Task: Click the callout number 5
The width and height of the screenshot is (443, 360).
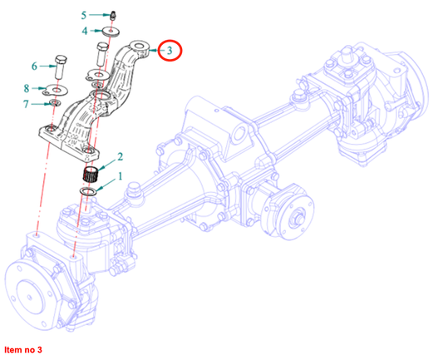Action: click(84, 15)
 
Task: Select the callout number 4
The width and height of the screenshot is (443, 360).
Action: click(85, 31)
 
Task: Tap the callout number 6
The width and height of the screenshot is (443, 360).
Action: click(34, 67)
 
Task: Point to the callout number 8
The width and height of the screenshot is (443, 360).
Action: click(27, 88)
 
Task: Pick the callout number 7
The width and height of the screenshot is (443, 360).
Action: click(26, 104)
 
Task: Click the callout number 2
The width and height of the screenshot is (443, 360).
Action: click(120, 156)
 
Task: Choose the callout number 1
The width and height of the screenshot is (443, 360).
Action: click(120, 176)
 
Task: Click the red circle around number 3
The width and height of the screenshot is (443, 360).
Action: click(170, 50)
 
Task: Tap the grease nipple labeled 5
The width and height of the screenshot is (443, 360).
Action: click(114, 15)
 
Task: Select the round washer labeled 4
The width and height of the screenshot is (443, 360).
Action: click(111, 31)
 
